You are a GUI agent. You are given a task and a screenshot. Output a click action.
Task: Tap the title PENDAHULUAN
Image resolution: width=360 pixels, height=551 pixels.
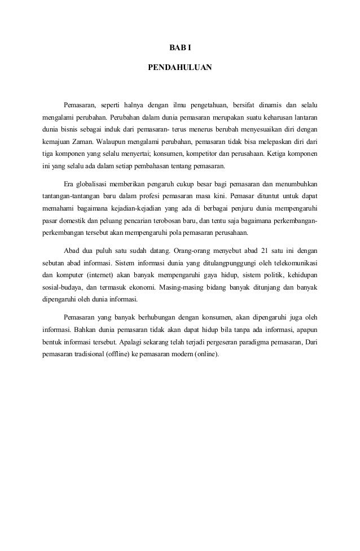(180, 67)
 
